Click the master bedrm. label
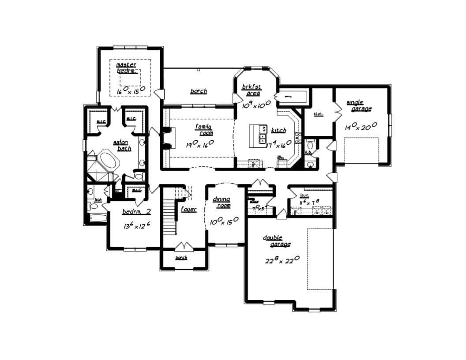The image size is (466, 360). click(127, 67)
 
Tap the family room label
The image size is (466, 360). click(204, 130)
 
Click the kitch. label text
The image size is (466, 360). click(278, 131)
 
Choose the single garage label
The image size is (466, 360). click(358, 105)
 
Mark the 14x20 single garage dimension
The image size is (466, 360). click(361, 127)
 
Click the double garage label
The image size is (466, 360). click(277, 241)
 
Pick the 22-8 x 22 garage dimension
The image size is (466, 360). click(282, 260)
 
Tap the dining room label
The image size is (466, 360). click(222, 202)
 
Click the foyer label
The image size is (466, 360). click(188, 209)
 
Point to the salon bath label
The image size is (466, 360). click(122, 146)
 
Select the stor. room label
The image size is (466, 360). click(318, 114)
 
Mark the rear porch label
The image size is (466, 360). click(198, 91)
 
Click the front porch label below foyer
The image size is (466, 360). click(181, 258)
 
